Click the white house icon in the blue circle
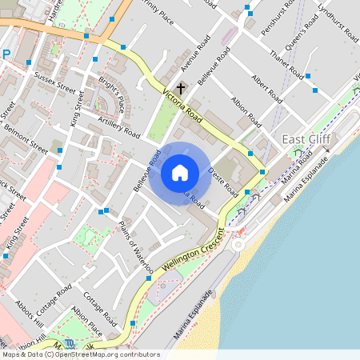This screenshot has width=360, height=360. (x=180, y=172)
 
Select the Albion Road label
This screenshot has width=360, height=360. (x=246, y=112)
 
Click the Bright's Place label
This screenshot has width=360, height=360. (x=112, y=94)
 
